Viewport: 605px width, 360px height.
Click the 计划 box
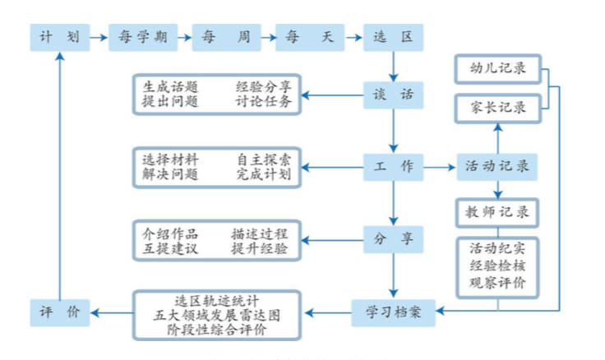point(59,37)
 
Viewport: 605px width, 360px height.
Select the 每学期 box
point(137,37)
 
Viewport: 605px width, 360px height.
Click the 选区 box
point(394,37)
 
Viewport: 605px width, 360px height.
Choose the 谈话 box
point(394,95)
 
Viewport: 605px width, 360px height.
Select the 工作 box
point(394,167)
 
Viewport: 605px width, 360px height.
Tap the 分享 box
point(394,239)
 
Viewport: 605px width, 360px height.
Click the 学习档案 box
point(394,312)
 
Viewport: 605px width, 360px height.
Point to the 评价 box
point(59,312)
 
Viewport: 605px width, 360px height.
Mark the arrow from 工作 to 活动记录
point(440,167)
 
